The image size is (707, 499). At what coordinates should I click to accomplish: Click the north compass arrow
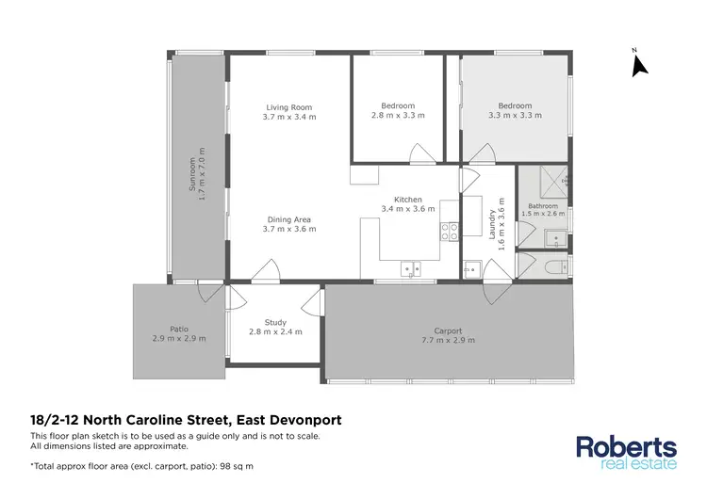(639, 64)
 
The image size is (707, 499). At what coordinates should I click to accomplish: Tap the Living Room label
(288, 107)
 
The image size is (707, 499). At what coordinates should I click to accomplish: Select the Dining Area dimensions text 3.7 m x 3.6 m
(288, 229)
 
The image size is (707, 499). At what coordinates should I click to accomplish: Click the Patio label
(178, 330)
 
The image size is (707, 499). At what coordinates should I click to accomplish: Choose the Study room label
(274, 323)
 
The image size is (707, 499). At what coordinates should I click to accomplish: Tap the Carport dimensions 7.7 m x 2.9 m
(448, 340)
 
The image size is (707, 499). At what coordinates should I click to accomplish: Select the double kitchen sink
(411, 268)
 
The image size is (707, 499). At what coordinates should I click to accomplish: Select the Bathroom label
(542, 206)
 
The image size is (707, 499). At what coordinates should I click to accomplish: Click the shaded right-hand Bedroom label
(515, 105)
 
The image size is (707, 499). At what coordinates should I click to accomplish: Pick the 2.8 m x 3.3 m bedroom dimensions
(398, 115)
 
